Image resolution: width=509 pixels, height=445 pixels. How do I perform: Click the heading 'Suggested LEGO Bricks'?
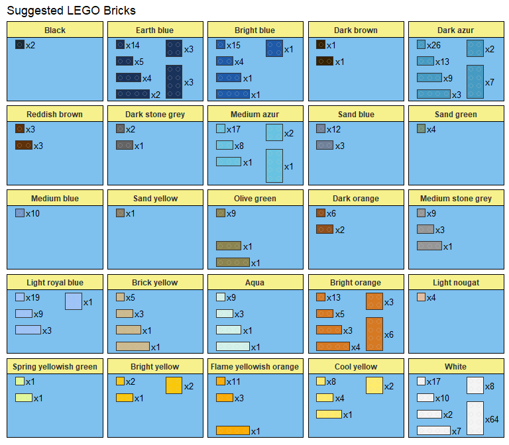coord(71,11)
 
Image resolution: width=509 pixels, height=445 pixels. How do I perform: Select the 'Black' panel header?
coord(55,30)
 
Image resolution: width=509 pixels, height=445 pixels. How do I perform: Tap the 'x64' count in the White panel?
coord(492,419)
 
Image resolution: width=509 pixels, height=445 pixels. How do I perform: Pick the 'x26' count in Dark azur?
coord(434,45)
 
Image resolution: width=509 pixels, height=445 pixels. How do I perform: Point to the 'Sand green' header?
coord(456,114)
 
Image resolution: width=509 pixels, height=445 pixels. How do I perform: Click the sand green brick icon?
coord(421,128)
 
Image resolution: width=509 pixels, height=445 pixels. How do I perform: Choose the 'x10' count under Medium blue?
coord(32,213)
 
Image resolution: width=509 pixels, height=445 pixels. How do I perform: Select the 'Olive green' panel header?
coord(255,198)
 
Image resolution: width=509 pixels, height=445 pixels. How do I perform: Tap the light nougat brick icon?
coord(421,297)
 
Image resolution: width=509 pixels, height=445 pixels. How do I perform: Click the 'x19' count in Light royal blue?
coord(32,297)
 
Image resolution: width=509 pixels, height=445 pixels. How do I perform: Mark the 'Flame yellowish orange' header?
coord(255,366)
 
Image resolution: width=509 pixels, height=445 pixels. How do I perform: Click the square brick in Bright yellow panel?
coord(174,385)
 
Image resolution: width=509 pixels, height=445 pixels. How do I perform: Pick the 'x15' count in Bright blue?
coord(233,45)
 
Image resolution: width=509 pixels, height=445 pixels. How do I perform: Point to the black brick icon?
coord(20,44)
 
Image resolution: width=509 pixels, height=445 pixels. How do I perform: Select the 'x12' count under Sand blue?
coord(333,129)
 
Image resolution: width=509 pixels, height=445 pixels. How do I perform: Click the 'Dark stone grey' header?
coord(155,114)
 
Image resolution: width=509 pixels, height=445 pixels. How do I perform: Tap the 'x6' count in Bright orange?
coord(389,335)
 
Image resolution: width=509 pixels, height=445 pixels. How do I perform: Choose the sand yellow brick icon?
coord(120,213)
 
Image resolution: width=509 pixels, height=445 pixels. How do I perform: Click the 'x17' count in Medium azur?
coord(233,129)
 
